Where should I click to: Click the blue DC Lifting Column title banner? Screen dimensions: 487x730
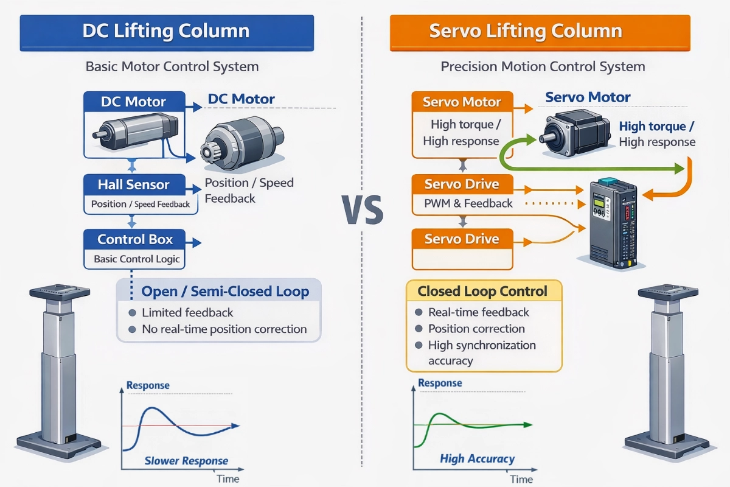pyautogui.click(x=167, y=32)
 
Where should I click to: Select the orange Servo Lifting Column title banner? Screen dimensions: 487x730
pyautogui.click(x=540, y=32)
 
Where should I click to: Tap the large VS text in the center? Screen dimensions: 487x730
pyautogui.click(x=363, y=210)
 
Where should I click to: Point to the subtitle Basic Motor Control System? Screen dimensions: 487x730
pyautogui.click(x=172, y=66)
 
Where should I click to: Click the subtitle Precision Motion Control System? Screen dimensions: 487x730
pyautogui.click(x=543, y=66)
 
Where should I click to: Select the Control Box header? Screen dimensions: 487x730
pyautogui.click(x=135, y=239)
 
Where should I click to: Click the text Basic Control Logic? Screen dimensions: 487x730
pyautogui.click(x=137, y=259)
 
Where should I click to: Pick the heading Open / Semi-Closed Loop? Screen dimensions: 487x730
pyautogui.click(x=225, y=292)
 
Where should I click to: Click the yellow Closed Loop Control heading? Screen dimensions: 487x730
pyautogui.click(x=482, y=291)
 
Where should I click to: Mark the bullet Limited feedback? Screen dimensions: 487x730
pyautogui.click(x=187, y=312)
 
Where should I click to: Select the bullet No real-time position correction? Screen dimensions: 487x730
pyautogui.click(x=224, y=329)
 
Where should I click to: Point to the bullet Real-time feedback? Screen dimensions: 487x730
pyautogui.click(x=479, y=312)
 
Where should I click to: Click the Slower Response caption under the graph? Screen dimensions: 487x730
pyautogui.click(x=186, y=461)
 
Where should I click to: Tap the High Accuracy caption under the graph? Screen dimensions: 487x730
pyautogui.click(x=477, y=459)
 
